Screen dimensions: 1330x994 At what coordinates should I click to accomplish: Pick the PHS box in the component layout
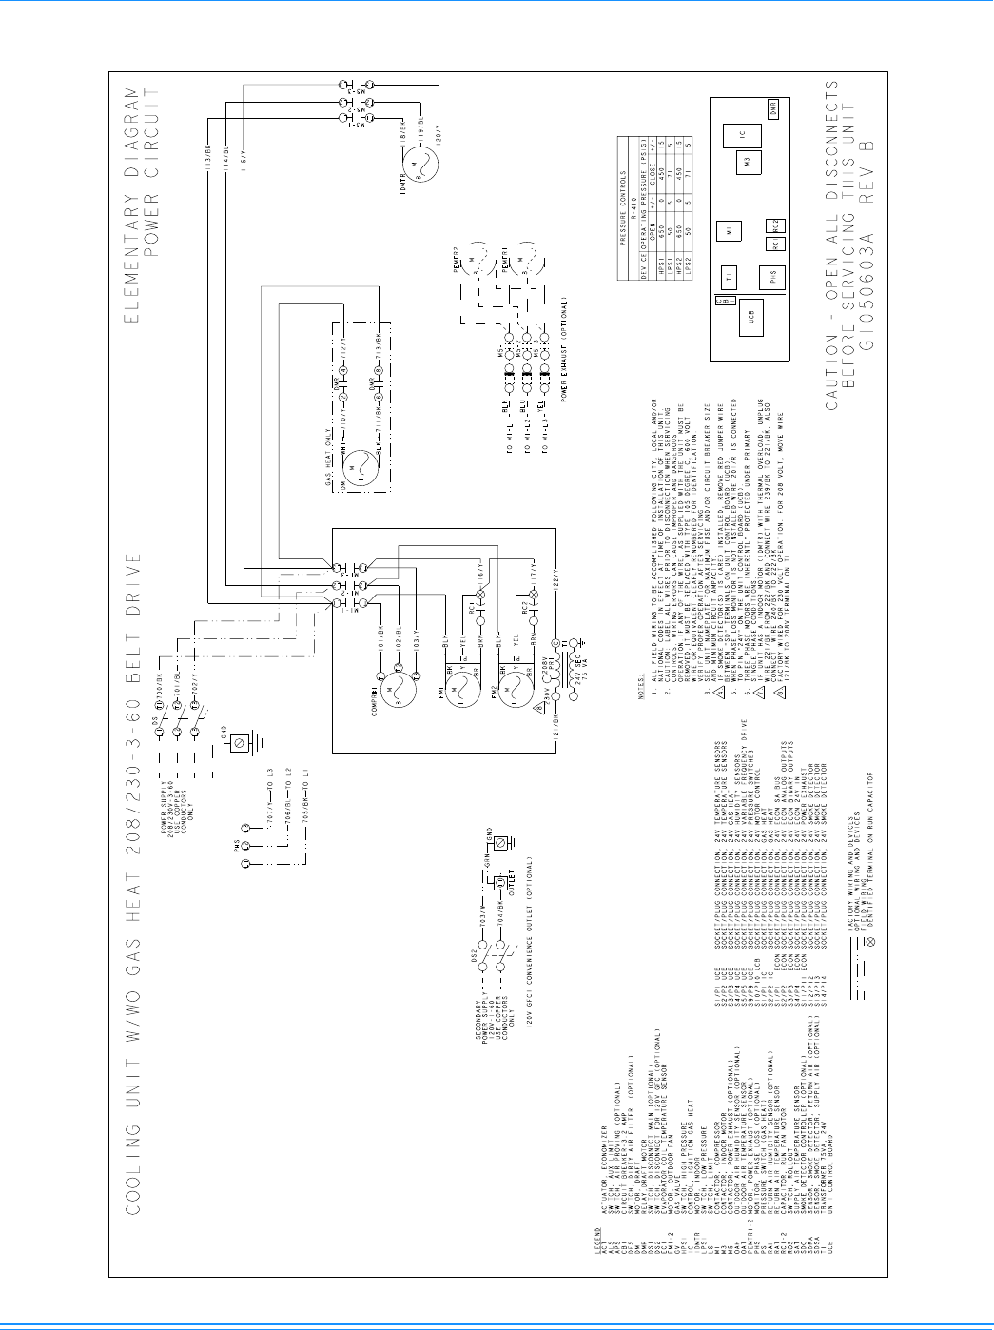772,278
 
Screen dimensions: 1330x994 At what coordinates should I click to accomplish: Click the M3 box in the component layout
748,163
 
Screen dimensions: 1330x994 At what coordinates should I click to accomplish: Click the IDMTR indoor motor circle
414,169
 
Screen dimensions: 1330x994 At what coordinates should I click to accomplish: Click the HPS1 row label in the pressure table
662,263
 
